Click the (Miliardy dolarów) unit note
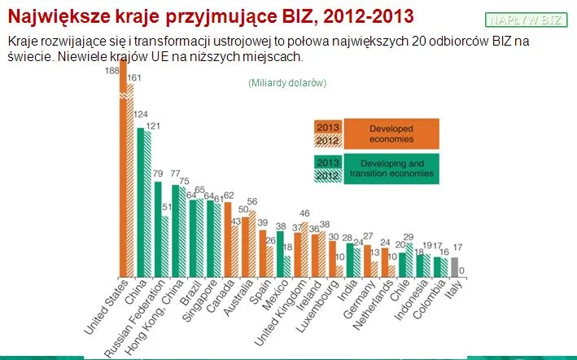tap(287, 83)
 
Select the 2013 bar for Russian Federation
tap(158, 229)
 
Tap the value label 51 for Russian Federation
tap(167, 209)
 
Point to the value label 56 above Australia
tap(251, 202)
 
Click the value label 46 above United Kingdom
tap(304, 213)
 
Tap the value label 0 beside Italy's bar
tap(462, 271)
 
